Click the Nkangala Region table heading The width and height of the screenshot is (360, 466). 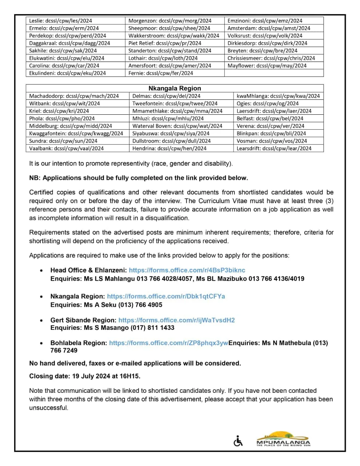(x=175, y=88)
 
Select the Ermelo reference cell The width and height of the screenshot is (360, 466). (x=64, y=28)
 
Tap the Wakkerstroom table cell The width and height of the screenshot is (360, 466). (x=174, y=36)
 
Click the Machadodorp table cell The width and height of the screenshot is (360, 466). (x=74, y=96)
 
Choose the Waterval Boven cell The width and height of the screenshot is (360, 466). (x=177, y=126)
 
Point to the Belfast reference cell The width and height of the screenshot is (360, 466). (x=270, y=118)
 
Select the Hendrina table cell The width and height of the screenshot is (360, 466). (x=169, y=149)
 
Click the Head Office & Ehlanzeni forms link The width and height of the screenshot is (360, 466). (x=187, y=270)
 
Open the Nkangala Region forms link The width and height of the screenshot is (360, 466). (x=166, y=296)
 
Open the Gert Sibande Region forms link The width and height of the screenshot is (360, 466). (x=177, y=320)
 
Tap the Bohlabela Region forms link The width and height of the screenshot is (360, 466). (x=169, y=343)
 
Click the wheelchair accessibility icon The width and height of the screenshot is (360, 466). (x=238, y=441)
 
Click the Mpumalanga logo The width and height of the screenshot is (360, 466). (x=283, y=439)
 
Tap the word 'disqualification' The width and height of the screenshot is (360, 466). (x=167, y=218)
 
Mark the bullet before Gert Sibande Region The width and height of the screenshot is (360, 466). (x=43, y=320)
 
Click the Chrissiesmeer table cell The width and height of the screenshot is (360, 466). (x=271, y=58)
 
